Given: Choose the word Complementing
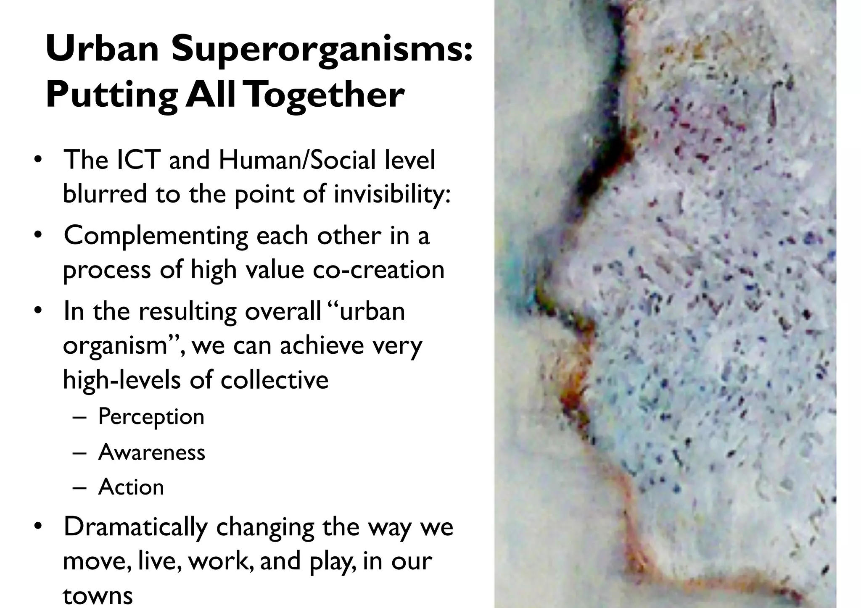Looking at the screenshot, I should coord(156,235).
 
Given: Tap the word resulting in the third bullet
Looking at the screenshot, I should coord(188,311).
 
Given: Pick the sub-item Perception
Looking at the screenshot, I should coord(151,416).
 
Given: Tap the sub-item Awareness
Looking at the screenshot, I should coord(152,452).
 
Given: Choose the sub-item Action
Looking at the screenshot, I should coord(131,487).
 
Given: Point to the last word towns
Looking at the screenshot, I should coord(98,595).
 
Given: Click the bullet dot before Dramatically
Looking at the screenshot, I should coord(38,526).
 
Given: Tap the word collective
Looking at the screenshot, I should coord(275,379).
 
